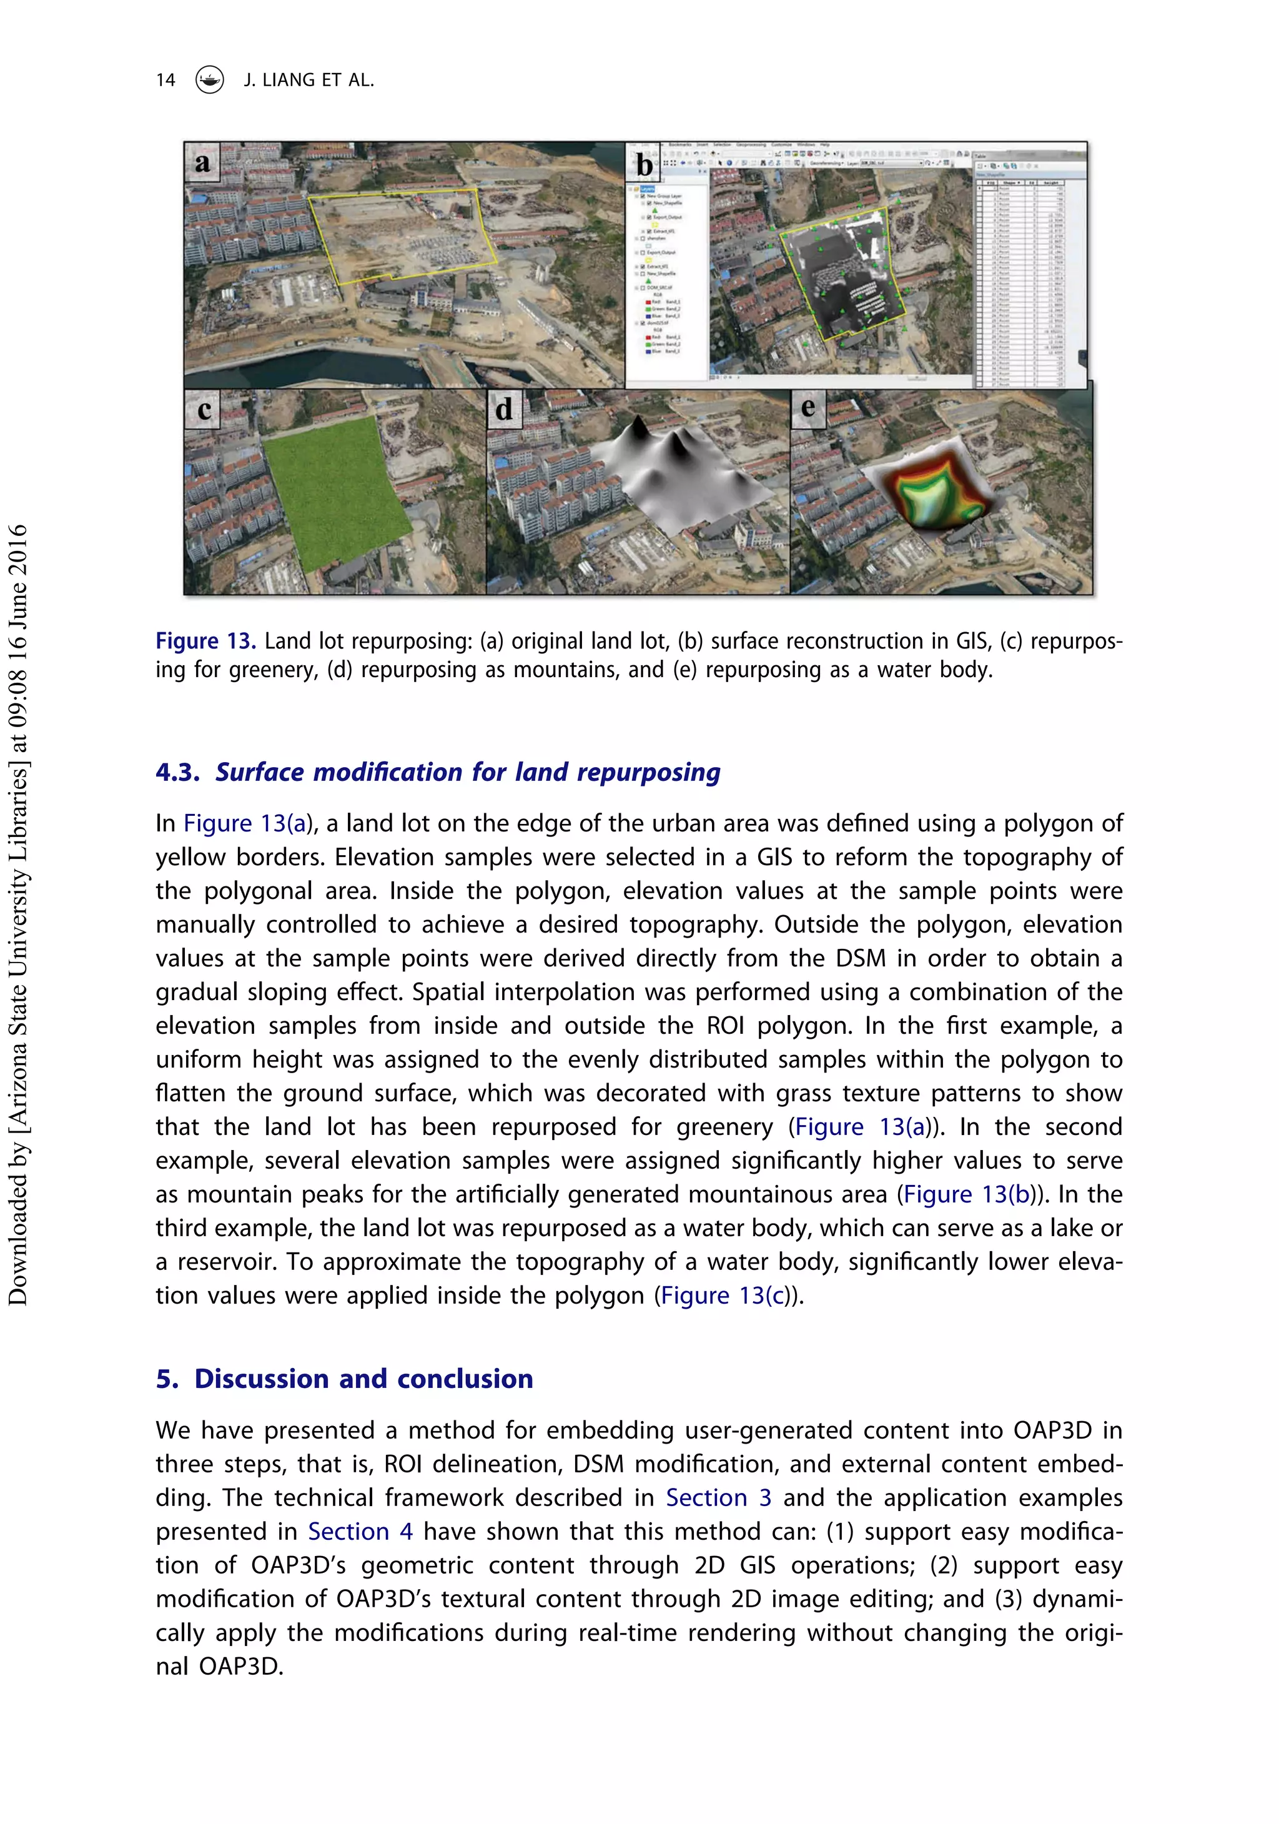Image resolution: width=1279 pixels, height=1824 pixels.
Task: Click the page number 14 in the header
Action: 165,80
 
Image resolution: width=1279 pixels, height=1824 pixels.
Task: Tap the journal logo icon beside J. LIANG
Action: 209,79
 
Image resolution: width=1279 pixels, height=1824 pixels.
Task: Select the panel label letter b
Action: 644,164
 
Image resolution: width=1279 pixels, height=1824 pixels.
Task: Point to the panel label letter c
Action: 204,410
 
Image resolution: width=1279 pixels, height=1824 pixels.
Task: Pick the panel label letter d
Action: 503,410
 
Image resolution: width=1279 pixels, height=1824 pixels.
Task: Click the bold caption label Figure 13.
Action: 205,641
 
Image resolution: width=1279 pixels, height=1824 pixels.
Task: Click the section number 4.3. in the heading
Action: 177,772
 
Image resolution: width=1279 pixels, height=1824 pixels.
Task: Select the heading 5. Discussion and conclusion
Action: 344,1379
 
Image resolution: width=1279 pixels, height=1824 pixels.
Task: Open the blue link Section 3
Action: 718,1497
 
